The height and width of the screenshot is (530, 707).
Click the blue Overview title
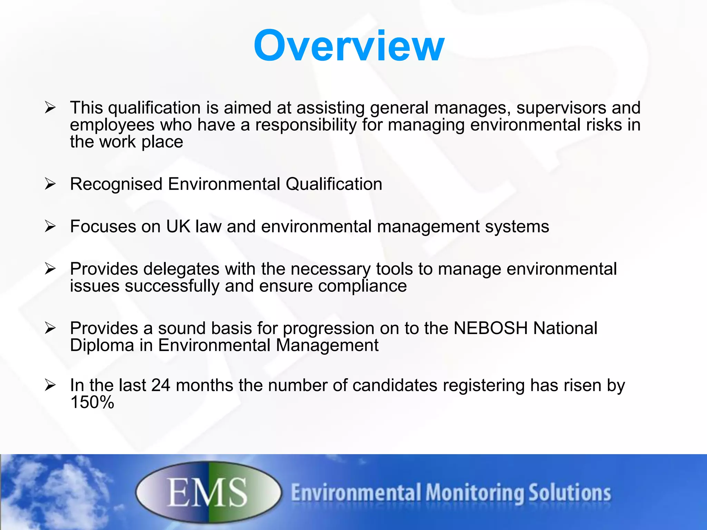pos(349,46)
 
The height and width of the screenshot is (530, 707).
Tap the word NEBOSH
pos(491,328)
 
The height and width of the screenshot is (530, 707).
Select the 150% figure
pos(92,402)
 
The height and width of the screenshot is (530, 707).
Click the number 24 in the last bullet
pos(161,385)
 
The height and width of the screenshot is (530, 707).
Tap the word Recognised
pos(116,184)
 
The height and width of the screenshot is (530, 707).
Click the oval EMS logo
pos(209,492)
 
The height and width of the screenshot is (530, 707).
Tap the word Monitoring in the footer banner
pos(474,493)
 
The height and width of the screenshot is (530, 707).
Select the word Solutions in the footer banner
pos(570,493)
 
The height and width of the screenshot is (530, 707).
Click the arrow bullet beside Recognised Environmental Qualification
pos(50,184)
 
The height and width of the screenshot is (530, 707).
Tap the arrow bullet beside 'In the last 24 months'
pos(50,385)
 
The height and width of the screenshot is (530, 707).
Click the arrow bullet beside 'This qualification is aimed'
pos(50,108)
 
